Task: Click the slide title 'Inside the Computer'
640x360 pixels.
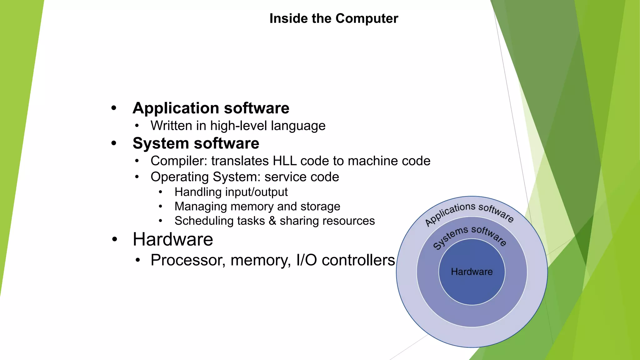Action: coord(333,18)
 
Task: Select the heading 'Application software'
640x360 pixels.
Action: coord(211,108)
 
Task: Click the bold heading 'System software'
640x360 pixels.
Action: coord(196,143)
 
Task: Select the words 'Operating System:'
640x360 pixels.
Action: coord(205,177)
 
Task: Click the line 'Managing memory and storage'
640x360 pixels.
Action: coord(257,206)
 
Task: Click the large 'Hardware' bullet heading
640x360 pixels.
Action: coord(173,239)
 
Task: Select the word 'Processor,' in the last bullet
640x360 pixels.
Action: coord(188,260)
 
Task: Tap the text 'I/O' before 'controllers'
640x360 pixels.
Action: coord(307,260)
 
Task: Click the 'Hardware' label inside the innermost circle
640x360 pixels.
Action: coord(472,272)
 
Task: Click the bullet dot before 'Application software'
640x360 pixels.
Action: coord(114,108)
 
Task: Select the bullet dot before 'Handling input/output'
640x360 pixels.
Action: coord(160,192)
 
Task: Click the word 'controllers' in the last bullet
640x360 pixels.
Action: coord(358,260)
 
